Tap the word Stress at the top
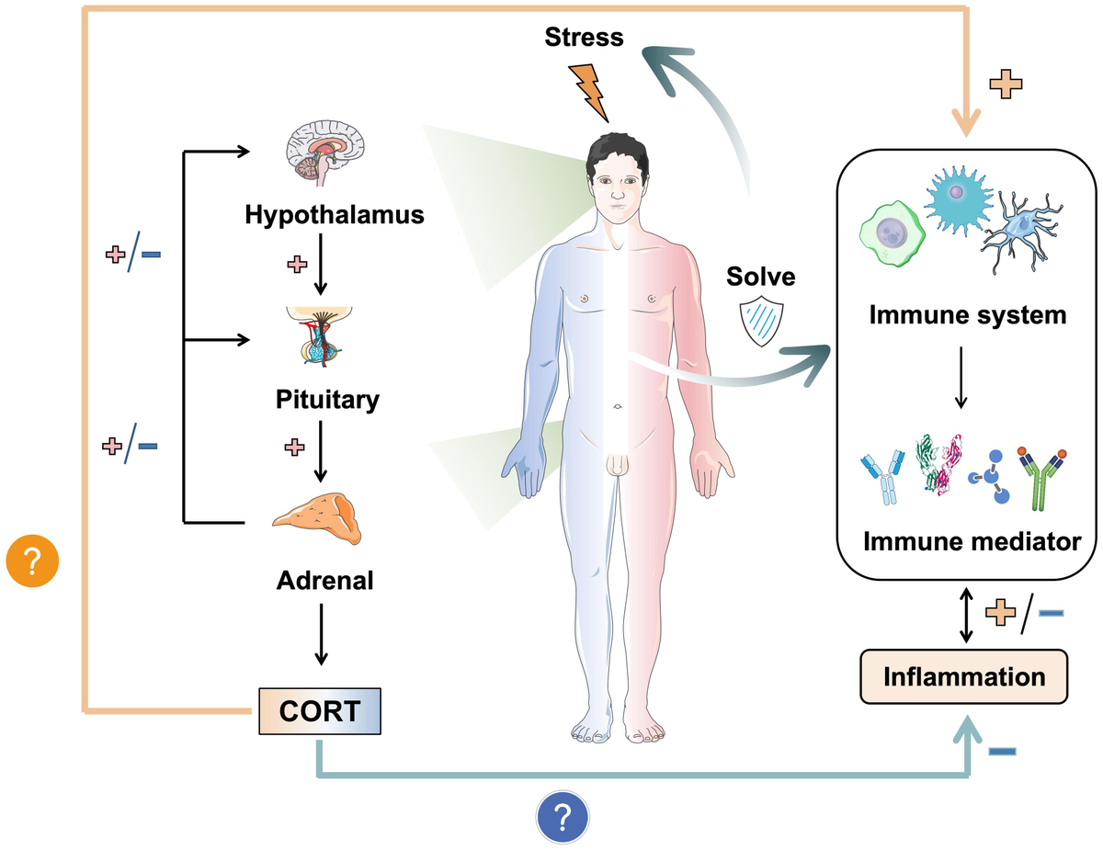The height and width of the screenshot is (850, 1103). [583, 38]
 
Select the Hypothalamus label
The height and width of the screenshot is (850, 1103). [334, 215]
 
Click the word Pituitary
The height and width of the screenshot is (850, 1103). [327, 400]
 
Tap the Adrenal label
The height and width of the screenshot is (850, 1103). [324, 581]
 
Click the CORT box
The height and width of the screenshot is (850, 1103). [319, 712]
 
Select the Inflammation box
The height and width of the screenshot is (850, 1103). [964, 677]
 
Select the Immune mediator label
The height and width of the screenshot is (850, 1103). [972, 540]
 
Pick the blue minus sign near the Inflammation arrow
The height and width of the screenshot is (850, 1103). [1002, 752]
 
